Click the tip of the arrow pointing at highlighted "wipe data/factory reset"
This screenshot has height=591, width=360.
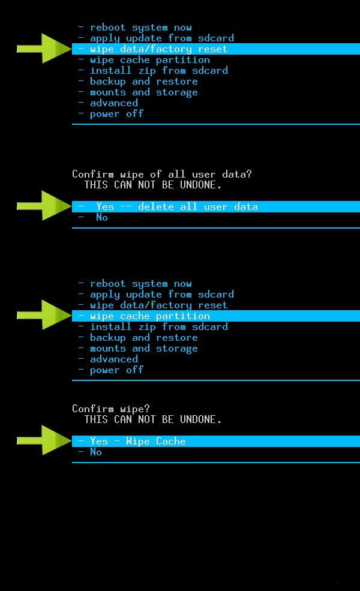(71, 49)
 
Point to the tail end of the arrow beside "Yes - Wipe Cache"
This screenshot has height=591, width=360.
(17, 440)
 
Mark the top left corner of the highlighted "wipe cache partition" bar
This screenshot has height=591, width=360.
(72, 310)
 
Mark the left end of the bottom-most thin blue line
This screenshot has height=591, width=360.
(72, 463)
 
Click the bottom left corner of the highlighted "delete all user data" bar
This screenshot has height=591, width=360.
(72, 212)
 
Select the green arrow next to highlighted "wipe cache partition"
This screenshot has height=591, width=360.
(44, 315)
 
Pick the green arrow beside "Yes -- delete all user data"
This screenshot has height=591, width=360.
(44, 205)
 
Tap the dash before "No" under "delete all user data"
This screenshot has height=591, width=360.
(80, 217)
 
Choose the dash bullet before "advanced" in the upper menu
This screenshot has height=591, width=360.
(80, 103)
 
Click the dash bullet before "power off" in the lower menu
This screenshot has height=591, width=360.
(80, 370)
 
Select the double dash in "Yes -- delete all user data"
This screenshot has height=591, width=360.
(126, 206)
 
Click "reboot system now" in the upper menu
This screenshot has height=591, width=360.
(140, 28)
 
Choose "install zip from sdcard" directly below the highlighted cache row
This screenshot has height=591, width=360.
(159, 327)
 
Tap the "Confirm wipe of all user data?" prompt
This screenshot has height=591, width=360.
(162, 174)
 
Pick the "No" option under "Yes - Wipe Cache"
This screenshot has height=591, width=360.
(96, 452)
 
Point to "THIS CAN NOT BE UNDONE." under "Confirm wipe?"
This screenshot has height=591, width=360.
(152, 419)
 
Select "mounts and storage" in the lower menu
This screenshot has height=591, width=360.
(143, 349)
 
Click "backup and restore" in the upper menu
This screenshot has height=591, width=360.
(143, 82)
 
